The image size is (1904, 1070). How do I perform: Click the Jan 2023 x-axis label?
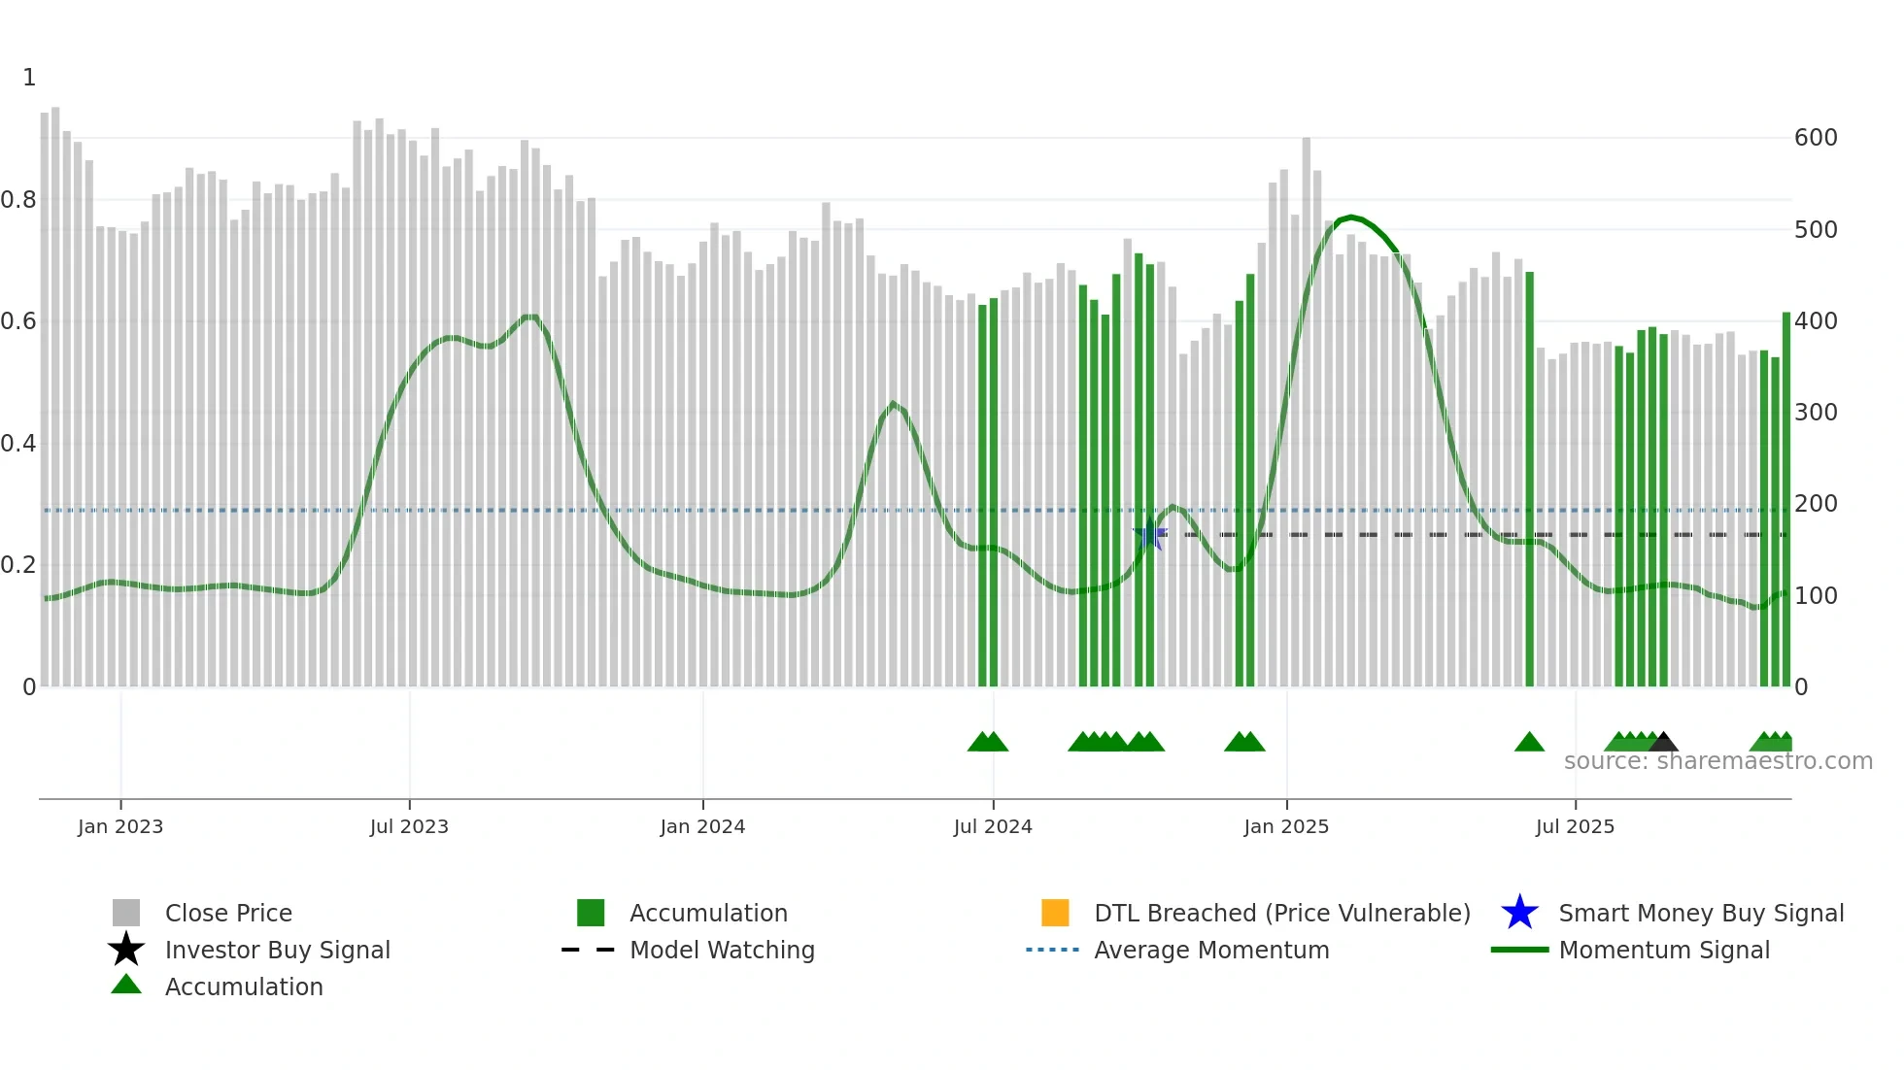click(x=120, y=826)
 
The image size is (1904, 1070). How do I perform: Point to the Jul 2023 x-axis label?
click(x=409, y=826)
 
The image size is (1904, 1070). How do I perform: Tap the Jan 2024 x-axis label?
click(x=702, y=826)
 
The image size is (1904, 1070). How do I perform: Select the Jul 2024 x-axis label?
click(x=993, y=826)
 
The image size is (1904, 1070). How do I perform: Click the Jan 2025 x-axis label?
click(x=1286, y=826)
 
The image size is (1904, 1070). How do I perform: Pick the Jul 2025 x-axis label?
click(x=1575, y=826)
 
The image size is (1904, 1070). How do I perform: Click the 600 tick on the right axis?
click(x=1816, y=138)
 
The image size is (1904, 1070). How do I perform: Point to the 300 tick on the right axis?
click(x=1816, y=413)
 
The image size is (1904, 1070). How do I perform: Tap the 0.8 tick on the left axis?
click(x=18, y=200)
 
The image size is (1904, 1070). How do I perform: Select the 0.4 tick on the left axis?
click(x=18, y=444)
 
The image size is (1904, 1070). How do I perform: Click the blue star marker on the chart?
click(x=1150, y=535)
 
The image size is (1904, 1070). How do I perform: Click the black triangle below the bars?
click(x=1663, y=743)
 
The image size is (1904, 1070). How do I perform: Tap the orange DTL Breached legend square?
click(x=1055, y=913)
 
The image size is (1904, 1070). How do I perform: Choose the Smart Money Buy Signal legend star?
click(x=1519, y=913)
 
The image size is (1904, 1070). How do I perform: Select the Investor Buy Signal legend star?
click(x=126, y=950)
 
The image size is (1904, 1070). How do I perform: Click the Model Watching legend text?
click(x=722, y=950)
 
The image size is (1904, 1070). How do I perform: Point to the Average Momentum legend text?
click(x=1211, y=950)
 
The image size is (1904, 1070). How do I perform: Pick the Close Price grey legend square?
click(x=126, y=913)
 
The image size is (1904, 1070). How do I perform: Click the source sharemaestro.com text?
click(x=1717, y=761)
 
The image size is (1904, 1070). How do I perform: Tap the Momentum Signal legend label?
click(x=1664, y=950)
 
